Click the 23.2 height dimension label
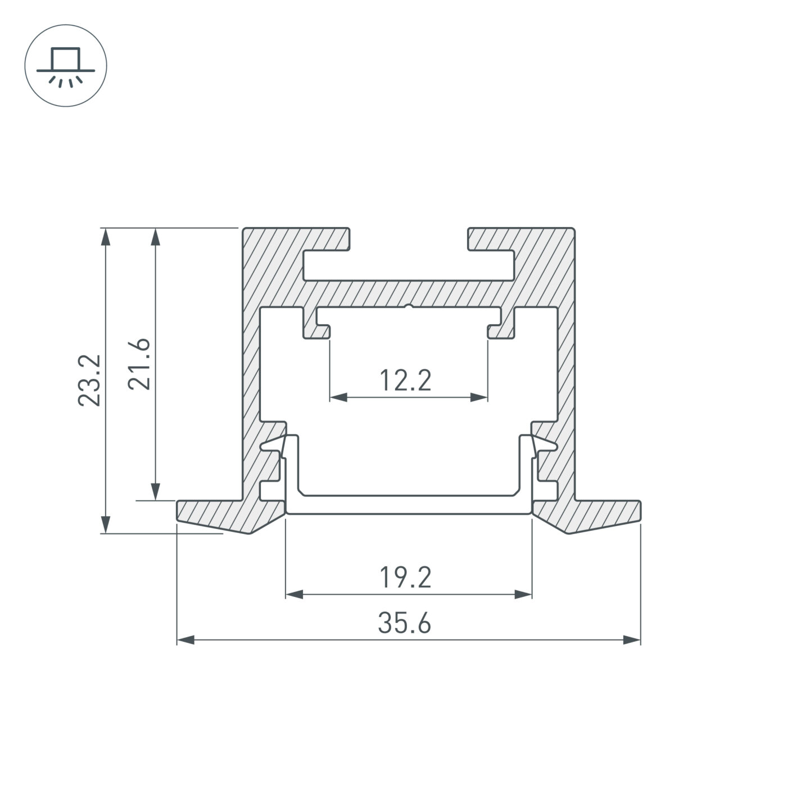[x=89, y=380]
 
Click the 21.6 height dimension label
[x=139, y=364]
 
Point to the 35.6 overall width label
[x=405, y=623]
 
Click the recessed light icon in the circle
[x=66, y=66]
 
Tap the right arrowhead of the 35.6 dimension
[x=632, y=640]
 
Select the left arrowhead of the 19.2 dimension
[x=294, y=594]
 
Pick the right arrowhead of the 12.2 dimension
[x=479, y=397]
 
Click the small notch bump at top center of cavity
[x=409, y=306]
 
